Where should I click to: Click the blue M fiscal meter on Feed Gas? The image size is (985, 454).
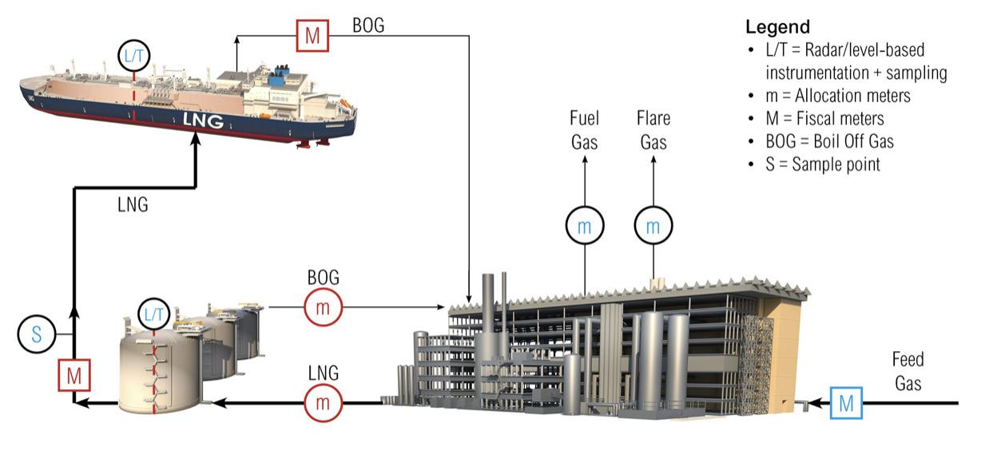click(x=846, y=403)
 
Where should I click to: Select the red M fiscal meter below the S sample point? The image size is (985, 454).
click(x=73, y=374)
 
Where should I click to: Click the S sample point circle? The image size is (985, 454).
click(x=38, y=332)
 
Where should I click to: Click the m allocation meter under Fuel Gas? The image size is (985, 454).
click(x=585, y=227)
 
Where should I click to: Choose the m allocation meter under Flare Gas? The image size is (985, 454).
click(x=653, y=227)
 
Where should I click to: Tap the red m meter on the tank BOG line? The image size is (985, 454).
click(x=323, y=307)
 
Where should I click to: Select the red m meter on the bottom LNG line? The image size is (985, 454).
click(x=323, y=403)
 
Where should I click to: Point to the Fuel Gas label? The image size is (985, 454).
click(x=584, y=131)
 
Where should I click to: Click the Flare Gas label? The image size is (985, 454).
click(x=653, y=131)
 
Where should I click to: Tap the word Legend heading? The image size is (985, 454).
click(x=777, y=26)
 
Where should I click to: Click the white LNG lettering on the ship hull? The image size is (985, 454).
click(x=202, y=120)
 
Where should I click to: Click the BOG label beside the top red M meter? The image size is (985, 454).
click(x=367, y=25)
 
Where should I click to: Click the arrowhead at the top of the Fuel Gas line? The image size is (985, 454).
click(x=585, y=160)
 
